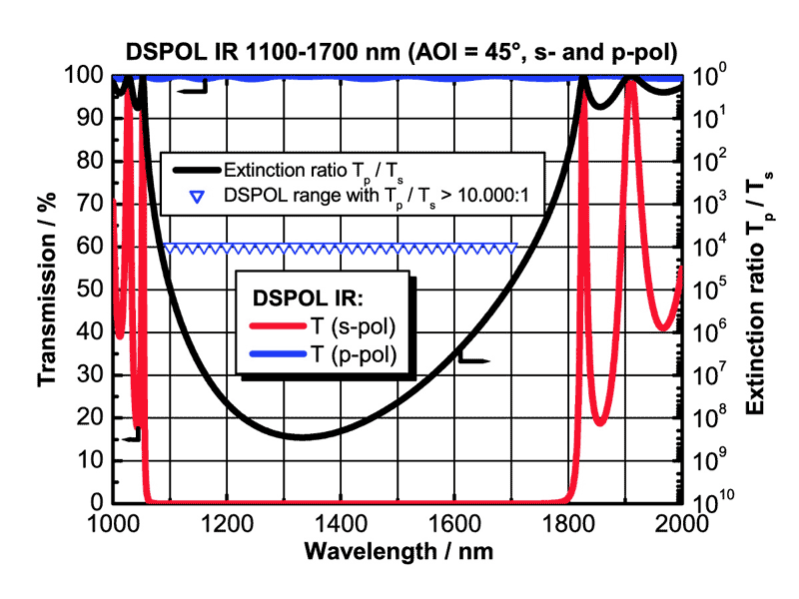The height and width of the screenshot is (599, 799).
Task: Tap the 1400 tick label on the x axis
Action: point(398,522)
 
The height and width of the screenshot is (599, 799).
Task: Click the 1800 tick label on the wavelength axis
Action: point(569,522)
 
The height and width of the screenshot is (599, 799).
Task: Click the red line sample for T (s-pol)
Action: point(273,327)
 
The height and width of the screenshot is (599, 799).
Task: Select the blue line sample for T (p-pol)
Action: point(273,353)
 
